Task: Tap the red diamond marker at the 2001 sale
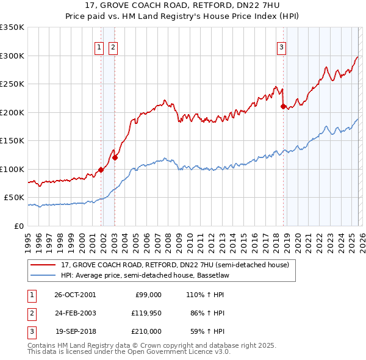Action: pyautogui.click(x=101, y=170)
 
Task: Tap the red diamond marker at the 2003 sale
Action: pyautogui.click(x=115, y=157)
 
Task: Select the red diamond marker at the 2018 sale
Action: pyautogui.click(x=283, y=106)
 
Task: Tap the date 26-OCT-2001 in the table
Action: pyautogui.click(x=75, y=294)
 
